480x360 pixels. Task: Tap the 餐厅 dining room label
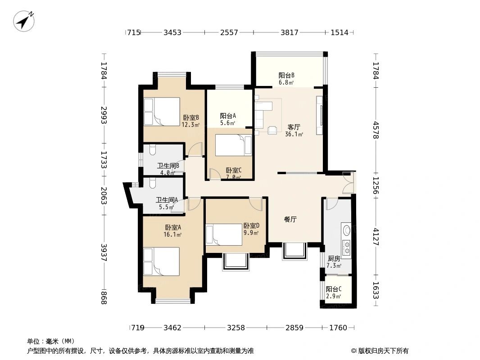(290, 220)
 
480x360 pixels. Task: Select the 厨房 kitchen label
(334, 258)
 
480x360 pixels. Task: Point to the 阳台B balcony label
(286, 75)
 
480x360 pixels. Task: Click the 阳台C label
(334, 289)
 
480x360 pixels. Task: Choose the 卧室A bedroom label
(173, 227)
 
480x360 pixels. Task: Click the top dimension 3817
(290, 32)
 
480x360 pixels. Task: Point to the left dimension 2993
(104, 116)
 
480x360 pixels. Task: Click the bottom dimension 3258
(235, 328)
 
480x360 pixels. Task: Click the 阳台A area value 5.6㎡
(228, 122)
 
